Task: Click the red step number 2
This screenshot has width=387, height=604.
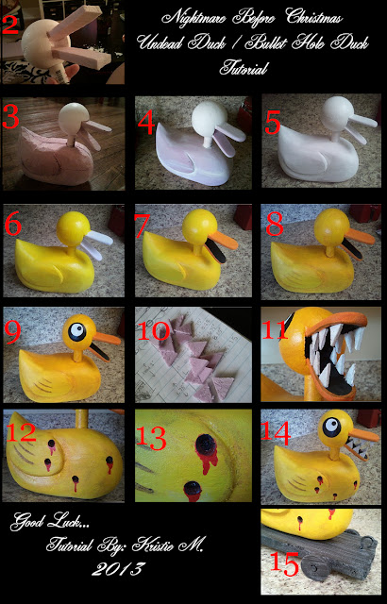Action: [x=10, y=25]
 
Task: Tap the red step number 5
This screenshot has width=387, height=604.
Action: [x=273, y=124]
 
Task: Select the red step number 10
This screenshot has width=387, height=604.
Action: [x=153, y=330]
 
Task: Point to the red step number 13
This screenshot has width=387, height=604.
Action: [x=151, y=438]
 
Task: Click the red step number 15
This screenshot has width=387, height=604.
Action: [x=284, y=564]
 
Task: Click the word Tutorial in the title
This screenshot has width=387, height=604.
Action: [x=244, y=69]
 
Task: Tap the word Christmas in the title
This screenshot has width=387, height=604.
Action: [x=313, y=17]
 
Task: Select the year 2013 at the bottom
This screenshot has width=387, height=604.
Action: [x=119, y=569]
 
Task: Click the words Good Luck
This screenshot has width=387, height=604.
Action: [x=47, y=522]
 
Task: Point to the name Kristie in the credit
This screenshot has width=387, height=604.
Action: [x=154, y=545]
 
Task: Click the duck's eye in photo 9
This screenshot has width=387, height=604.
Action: [x=77, y=330]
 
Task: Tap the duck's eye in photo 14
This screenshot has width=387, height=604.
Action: [x=331, y=427]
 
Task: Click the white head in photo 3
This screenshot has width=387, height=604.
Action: [x=74, y=118]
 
